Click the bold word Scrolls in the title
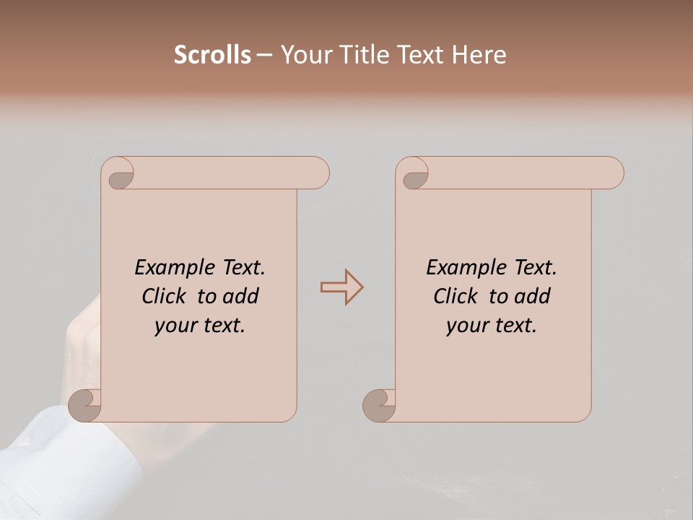click(212, 55)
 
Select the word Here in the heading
click(479, 55)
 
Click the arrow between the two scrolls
click(341, 287)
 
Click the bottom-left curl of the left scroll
click(85, 405)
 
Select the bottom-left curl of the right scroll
click(379, 405)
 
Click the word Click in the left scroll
click(165, 296)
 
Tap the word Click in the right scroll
click(456, 296)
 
